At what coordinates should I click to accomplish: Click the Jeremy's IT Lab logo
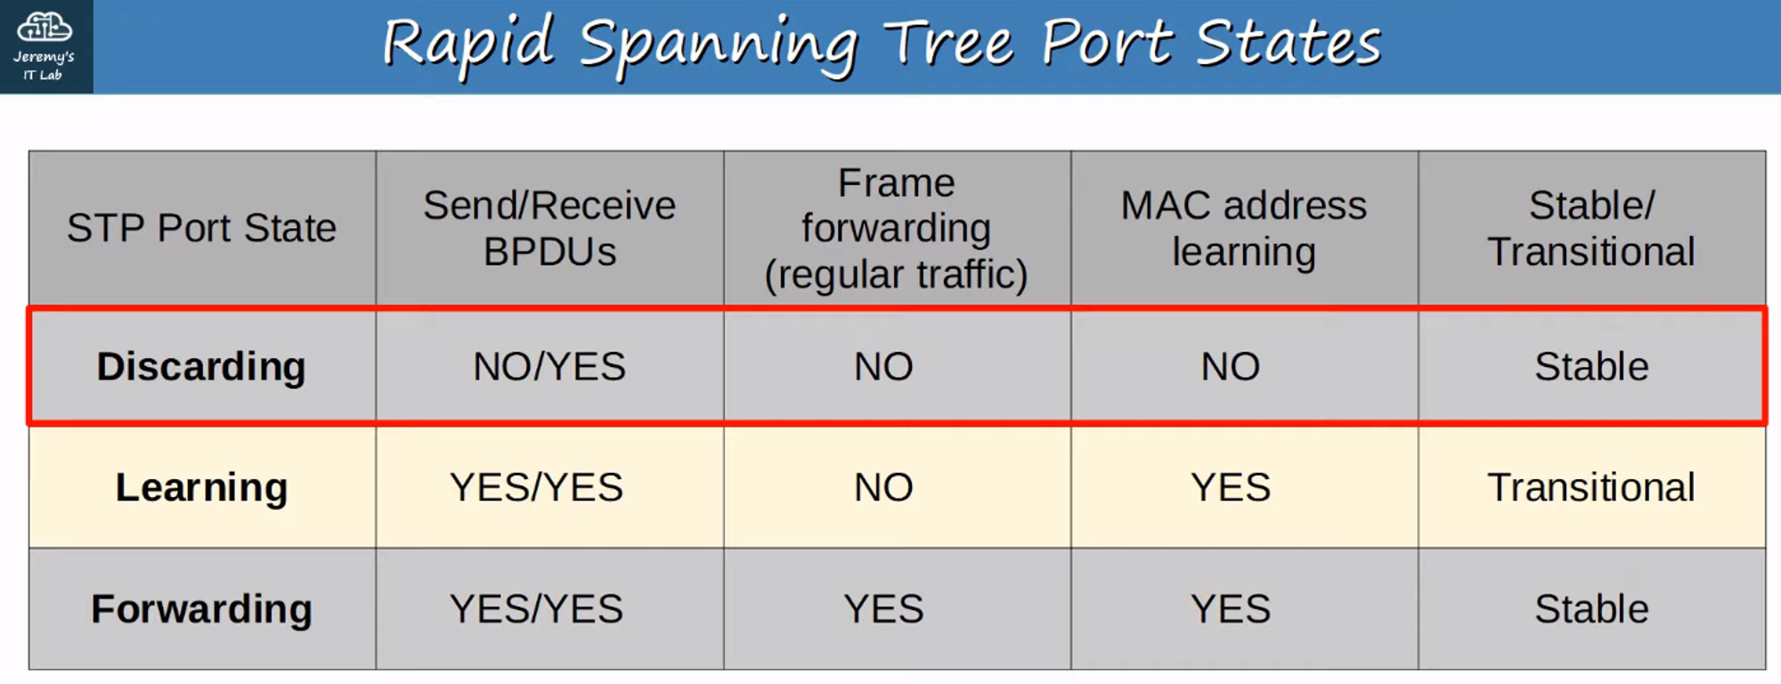click(x=45, y=46)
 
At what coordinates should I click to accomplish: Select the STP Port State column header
click(x=202, y=228)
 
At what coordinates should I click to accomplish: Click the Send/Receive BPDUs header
click(x=549, y=228)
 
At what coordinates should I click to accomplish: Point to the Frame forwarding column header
click(x=896, y=228)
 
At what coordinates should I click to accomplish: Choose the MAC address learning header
click(x=1243, y=228)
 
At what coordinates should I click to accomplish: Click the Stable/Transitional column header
click(x=1591, y=228)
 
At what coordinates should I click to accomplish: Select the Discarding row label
click(x=201, y=366)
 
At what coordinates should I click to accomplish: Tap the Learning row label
click(x=201, y=487)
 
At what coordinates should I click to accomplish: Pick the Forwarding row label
click(x=201, y=609)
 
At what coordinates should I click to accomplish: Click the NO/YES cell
click(x=549, y=366)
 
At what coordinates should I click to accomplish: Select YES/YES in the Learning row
click(x=536, y=487)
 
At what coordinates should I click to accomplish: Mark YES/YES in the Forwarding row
click(x=536, y=609)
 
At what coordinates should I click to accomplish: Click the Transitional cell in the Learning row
click(x=1591, y=487)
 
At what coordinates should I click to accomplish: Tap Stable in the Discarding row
click(x=1591, y=366)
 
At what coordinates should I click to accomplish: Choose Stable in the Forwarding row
click(x=1591, y=609)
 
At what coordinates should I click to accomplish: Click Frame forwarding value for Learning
click(x=883, y=487)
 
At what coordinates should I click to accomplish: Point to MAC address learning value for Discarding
click(x=1231, y=366)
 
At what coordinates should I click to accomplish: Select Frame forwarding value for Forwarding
click(x=883, y=609)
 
